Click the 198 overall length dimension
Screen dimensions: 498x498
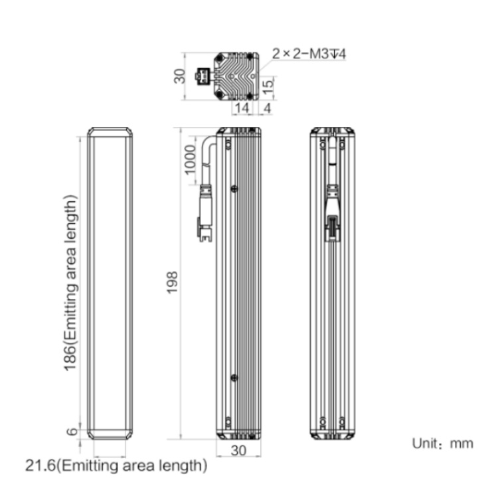(x=172, y=282)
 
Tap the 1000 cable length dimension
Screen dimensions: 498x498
(x=190, y=159)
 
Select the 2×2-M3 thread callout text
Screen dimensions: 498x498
(x=309, y=54)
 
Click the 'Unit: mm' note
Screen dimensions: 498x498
(x=442, y=444)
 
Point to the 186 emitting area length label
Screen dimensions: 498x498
(x=70, y=283)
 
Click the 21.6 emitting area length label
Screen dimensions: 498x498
(x=116, y=466)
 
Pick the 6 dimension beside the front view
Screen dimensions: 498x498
(x=72, y=432)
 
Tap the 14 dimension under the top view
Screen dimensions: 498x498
(x=242, y=108)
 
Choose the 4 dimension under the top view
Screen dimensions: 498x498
(x=268, y=108)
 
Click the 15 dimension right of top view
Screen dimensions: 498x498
(x=268, y=86)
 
